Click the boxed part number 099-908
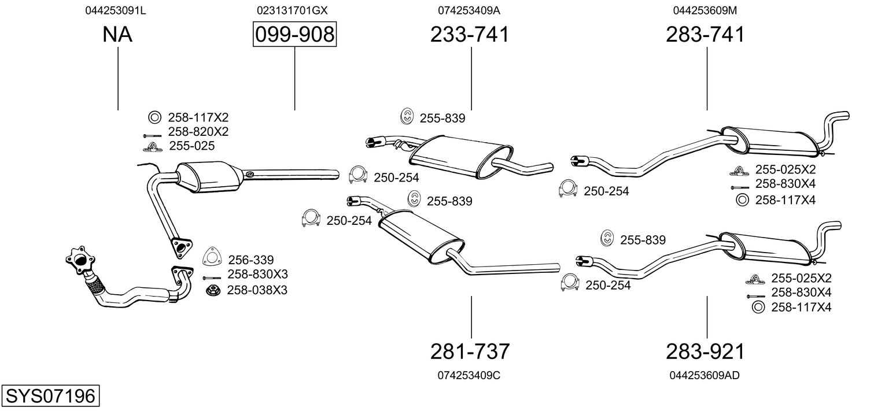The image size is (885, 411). pos(295,34)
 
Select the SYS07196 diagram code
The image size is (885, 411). pos(50,395)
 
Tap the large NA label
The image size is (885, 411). pos(117,34)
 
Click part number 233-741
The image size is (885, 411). pos(470,34)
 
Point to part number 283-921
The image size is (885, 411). pos(705,351)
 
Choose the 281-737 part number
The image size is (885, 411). pos(470,351)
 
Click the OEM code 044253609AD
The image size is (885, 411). pos(705,375)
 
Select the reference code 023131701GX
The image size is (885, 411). pos(292,10)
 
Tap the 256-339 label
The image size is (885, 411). pos(251,260)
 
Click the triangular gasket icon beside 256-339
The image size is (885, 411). pos(212,257)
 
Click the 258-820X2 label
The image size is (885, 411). pos(198,131)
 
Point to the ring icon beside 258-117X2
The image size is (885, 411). pos(155,117)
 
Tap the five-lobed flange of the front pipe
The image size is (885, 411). pos(80,260)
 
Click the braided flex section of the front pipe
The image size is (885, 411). pos(94,284)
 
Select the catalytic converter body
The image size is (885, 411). pos(209,176)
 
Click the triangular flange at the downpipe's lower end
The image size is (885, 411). pos(182,247)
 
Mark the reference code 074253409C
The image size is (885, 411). pos(469,375)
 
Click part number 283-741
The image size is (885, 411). pos(705,34)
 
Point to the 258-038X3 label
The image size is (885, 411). pos(257,290)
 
